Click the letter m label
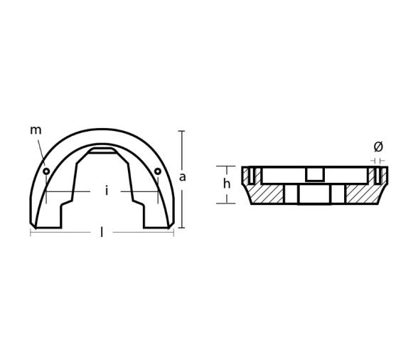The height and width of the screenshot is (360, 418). (36, 130)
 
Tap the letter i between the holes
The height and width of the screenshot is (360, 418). (106, 191)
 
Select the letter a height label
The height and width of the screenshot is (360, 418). (183, 177)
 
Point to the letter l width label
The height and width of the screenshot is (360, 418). (102, 233)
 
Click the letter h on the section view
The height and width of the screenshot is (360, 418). (227, 184)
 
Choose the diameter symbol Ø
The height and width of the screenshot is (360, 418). (378, 147)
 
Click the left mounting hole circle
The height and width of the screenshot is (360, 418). (46, 171)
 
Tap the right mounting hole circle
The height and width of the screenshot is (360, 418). (158, 171)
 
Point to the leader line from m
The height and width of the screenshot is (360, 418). (41, 152)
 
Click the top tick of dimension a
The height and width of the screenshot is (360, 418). (181, 131)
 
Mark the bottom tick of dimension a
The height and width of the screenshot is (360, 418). (181, 228)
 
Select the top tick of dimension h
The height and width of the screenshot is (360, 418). (226, 166)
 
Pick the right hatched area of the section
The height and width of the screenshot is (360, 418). (363, 194)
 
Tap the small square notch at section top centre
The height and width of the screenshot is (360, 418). (315, 174)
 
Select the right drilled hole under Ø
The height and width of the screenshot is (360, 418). (378, 175)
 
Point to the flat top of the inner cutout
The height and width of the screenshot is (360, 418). (102, 151)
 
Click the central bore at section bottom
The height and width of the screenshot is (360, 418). (315, 194)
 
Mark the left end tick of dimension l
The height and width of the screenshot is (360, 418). (31, 233)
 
